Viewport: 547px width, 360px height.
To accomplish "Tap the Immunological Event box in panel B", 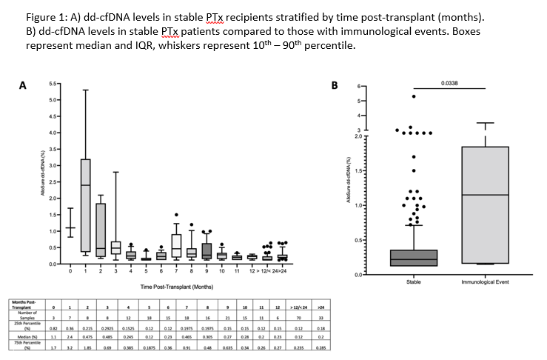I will click(485, 204).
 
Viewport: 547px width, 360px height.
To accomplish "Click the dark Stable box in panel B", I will click(414, 257).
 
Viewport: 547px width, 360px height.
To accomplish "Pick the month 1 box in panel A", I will click(85, 205).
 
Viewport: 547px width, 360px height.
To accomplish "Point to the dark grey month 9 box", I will click(207, 250).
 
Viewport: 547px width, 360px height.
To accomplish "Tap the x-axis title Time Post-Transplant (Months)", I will click(172, 286).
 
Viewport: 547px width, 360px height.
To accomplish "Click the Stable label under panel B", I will click(414, 281).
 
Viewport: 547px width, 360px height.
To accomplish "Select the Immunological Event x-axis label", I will click(485, 281).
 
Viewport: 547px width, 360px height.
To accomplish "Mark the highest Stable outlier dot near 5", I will click(414, 96).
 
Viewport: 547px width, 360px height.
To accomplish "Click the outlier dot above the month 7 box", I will click(176, 215).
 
